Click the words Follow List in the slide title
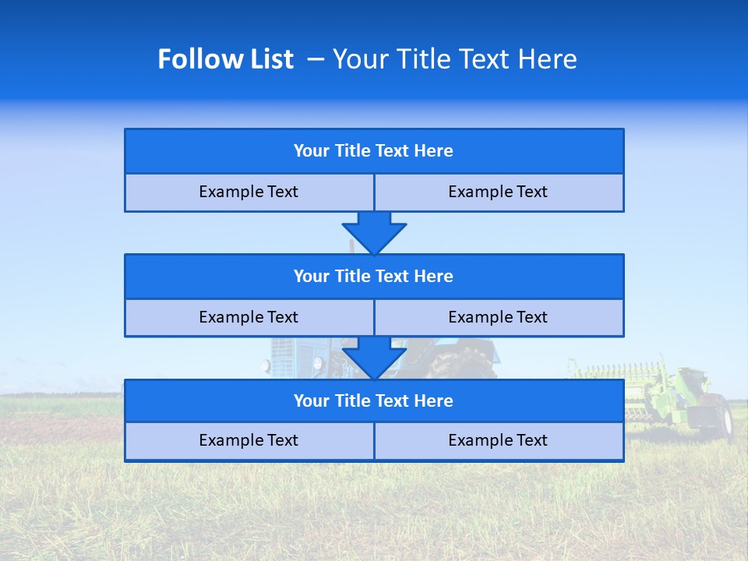coord(226,59)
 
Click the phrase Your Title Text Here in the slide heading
coord(455,59)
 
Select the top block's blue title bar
coord(374,151)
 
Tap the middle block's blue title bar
coord(374,277)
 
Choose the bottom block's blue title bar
coord(374,401)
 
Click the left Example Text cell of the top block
coord(249,192)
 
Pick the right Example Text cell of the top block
coord(499,192)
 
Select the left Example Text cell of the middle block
coord(249,318)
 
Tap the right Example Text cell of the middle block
coord(499,318)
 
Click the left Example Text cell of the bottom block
coord(249,441)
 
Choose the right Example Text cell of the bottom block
coord(499,441)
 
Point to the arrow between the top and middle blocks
coord(374,233)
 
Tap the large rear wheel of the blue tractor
coord(460,363)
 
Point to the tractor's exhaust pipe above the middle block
coord(351,246)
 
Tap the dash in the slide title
coord(316,59)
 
